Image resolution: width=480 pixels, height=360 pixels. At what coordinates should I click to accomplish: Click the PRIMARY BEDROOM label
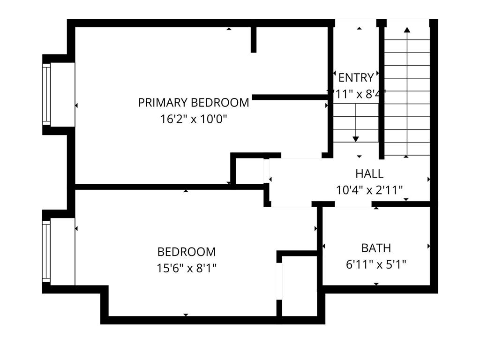click(x=193, y=102)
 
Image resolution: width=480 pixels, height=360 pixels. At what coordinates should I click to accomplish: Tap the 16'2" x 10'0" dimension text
click(x=193, y=119)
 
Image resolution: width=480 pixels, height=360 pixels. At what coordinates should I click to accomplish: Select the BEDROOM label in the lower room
click(x=187, y=252)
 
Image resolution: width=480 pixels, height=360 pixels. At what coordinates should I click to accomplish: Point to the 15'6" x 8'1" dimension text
click(x=187, y=269)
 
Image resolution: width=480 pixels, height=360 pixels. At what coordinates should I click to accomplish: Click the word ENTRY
click(x=356, y=77)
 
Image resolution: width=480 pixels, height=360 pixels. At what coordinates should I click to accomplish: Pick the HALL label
click(x=369, y=173)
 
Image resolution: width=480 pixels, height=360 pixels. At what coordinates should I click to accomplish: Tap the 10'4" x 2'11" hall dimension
click(x=369, y=190)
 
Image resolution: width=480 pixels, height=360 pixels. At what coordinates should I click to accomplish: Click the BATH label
click(x=376, y=248)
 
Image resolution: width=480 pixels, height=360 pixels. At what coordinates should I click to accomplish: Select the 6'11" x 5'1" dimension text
click(x=376, y=265)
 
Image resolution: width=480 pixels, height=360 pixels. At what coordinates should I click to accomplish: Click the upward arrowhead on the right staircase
click(x=407, y=30)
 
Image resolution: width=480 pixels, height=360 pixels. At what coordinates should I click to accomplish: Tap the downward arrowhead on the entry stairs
click(x=356, y=139)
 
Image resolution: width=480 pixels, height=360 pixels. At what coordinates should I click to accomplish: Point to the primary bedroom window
click(x=46, y=94)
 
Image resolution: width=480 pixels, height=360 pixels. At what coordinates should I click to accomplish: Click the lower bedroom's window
click(x=46, y=251)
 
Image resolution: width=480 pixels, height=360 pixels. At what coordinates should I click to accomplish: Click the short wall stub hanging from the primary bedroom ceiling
click(x=254, y=39)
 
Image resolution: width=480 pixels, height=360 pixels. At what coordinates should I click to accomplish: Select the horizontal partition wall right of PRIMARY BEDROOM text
click(x=290, y=97)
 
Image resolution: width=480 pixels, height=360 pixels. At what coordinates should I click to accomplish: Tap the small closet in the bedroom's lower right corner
click(x=300, y=286)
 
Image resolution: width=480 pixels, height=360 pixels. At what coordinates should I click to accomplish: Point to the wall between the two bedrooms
click(x=169, y=187)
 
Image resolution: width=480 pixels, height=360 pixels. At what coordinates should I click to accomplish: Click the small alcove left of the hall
click(x=249, y=171)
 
